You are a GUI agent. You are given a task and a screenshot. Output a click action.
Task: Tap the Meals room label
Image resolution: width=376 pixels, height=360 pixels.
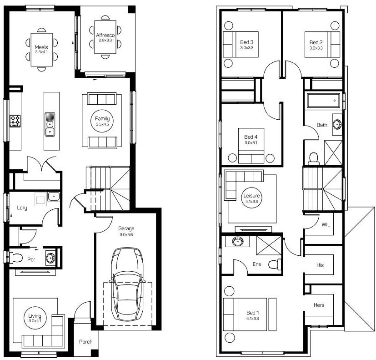pos(41,47)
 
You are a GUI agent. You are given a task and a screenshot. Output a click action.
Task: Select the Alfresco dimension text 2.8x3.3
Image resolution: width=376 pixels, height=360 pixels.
pos(105,40)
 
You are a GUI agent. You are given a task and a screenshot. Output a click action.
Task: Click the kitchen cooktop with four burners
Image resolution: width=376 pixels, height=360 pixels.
pos(15,121)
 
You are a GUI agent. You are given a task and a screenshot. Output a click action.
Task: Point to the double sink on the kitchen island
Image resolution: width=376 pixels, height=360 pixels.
pos(50,124)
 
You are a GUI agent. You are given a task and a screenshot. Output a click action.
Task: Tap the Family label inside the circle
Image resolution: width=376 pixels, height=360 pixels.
pos(102,118)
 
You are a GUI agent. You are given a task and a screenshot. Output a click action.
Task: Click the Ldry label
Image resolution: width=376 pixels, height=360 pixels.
pos(22,208)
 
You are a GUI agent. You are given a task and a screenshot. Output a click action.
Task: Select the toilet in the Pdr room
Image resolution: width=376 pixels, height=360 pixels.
pos(14,258)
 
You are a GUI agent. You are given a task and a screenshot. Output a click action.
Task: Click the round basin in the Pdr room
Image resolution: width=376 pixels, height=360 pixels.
pos(50,258)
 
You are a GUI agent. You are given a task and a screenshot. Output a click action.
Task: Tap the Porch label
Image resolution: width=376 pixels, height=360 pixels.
pos(85,341)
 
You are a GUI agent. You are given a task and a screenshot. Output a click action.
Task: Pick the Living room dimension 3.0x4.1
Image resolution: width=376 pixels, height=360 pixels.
pos(35,321)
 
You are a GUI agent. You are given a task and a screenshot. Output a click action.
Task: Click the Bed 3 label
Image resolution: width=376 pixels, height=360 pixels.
pos(247,42)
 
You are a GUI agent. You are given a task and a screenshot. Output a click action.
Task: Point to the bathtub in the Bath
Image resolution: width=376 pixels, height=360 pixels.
pos(323,101)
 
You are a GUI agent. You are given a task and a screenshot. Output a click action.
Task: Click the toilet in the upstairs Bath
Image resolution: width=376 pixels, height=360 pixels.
pos(314,159)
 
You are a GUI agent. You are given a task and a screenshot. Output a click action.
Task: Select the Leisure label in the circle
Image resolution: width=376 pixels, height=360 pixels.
pos(251,196)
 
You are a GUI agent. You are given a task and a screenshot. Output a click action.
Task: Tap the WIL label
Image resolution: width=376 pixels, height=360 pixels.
pos(326,225)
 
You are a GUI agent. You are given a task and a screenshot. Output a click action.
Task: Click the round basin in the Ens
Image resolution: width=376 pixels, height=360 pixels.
pos(238,241)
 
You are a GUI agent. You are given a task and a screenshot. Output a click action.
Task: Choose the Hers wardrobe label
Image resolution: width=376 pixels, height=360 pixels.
pos(319,305)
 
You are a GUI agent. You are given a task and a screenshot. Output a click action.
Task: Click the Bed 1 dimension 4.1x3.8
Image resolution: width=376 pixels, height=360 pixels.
pos(252,319)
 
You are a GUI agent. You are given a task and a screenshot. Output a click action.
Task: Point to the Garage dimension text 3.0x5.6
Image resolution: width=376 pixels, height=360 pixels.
pos(126,235)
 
